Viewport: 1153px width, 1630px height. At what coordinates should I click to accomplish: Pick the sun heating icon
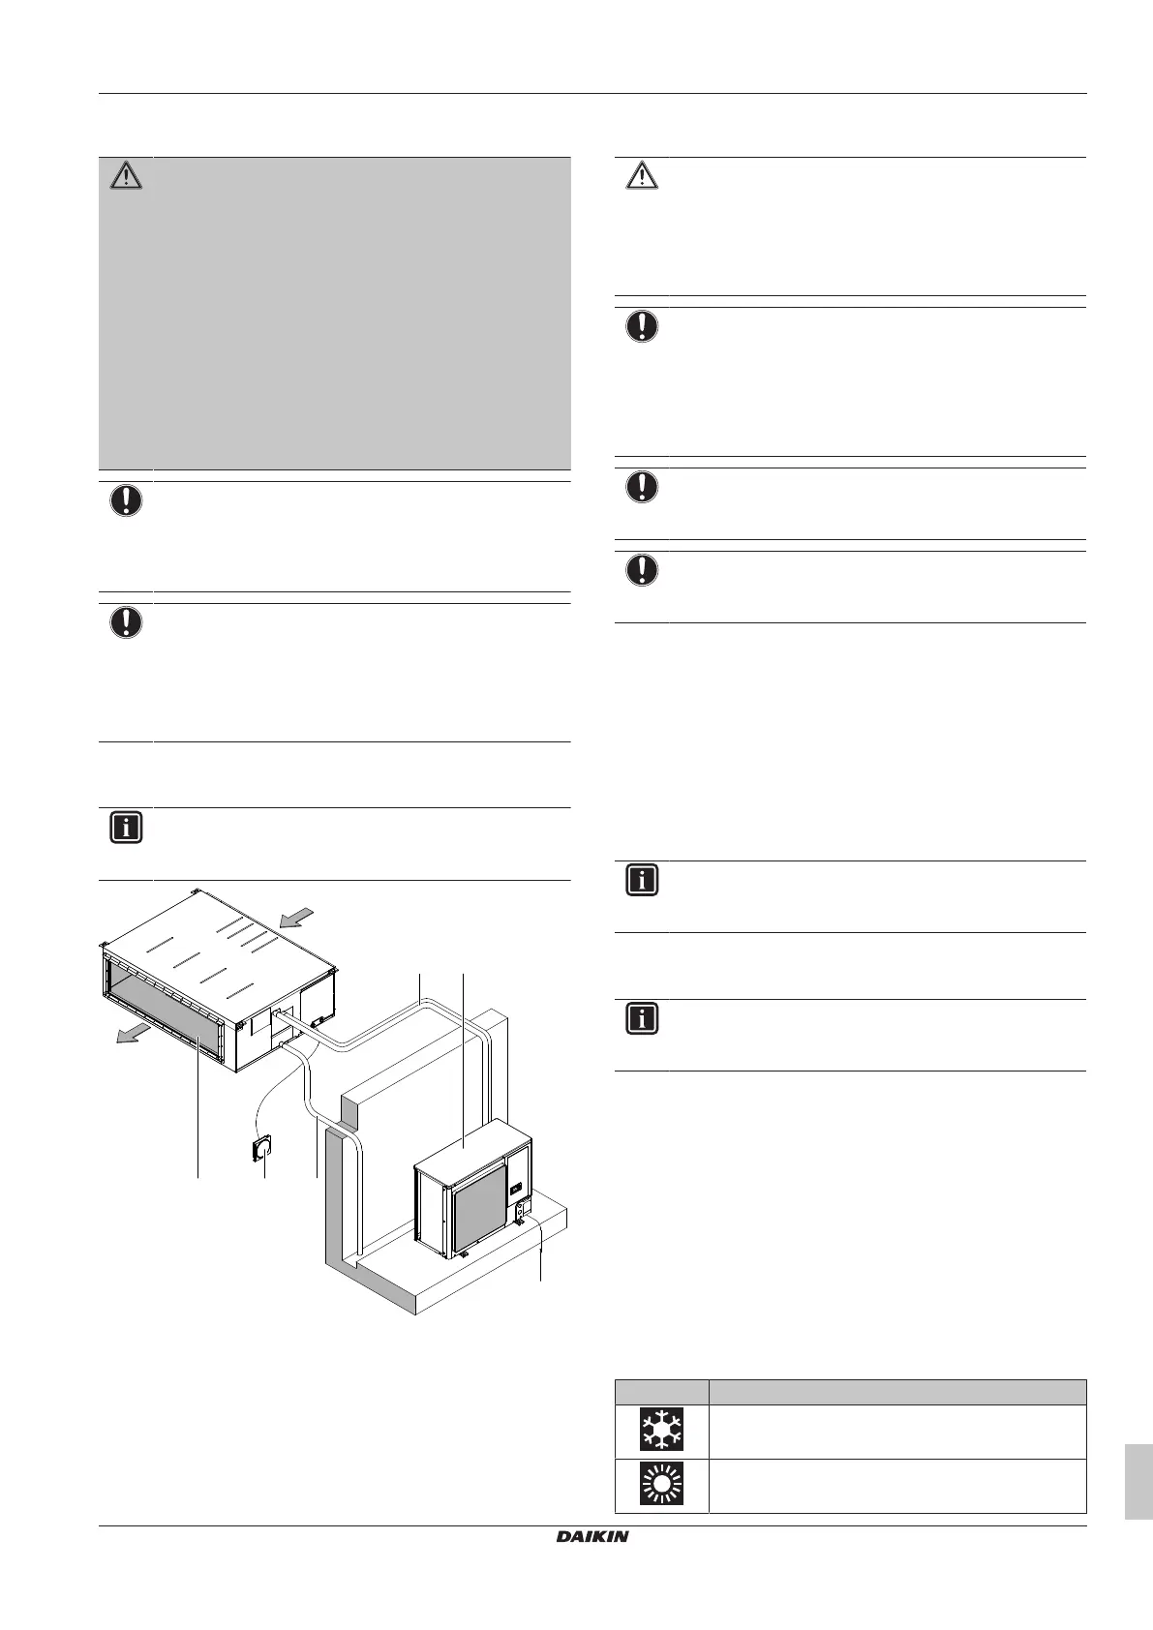tap(662, 1485)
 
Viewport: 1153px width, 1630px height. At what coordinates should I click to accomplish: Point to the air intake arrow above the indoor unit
tap(299, 915)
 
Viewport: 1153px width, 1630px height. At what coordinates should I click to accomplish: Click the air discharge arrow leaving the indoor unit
tap(128, 1034)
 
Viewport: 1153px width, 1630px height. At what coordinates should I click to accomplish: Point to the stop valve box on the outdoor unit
tap(525, 1209)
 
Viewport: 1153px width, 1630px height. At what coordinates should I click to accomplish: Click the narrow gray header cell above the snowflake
tap(662, 1391)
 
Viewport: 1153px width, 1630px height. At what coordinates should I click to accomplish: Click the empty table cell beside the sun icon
tap(896, 1485)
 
